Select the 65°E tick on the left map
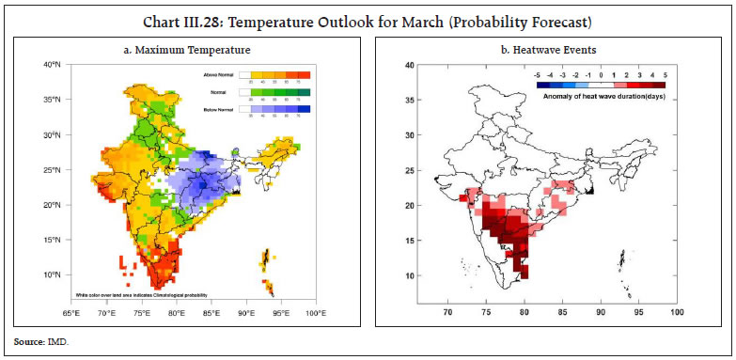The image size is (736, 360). coord(71,311)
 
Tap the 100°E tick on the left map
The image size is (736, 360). coord(315,311)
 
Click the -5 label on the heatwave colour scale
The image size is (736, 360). coord(536,73)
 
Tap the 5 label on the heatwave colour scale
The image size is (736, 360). coord(665,73)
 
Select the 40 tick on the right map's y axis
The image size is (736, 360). coord(409,65)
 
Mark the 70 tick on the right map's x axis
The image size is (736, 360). coord(447,310)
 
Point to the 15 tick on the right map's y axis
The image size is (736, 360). coord(409,241)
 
